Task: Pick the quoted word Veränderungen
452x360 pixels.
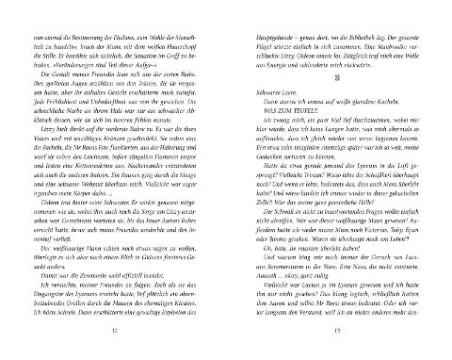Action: coord(72,69)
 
